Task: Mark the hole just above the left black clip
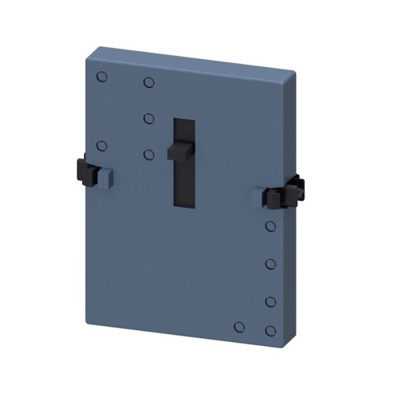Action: click(x=102, y=146)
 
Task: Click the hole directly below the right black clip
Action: click(x=270, y=226)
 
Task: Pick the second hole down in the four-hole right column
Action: click(x=270, y=264)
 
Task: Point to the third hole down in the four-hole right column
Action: click(x=270, y=301)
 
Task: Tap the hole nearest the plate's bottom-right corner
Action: click(x=270, y=330)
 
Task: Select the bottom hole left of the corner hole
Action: click(x=240, y=327)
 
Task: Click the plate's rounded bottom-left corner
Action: click(x=89, y=321)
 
